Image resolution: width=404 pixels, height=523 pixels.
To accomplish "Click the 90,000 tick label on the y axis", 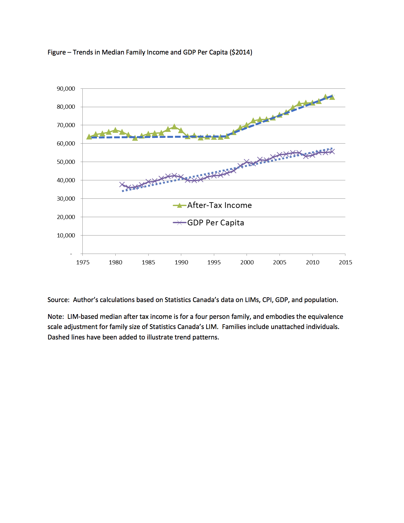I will pos(66,89).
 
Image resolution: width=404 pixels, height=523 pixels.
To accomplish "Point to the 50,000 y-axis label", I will pos(66,162).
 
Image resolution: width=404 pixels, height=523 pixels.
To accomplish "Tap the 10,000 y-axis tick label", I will pos(66,236).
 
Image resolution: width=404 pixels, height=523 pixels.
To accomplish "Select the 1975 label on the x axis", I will pos(83,262).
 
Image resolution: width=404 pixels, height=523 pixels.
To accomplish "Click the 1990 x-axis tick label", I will pos(181,262).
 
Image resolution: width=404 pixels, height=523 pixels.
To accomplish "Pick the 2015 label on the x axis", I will pos(345,262).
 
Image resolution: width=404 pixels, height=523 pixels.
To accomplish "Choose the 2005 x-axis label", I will pos(279,262).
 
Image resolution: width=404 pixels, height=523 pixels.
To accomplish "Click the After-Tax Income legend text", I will pos(219,205).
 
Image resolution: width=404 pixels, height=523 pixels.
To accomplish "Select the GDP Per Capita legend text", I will pos(215,223).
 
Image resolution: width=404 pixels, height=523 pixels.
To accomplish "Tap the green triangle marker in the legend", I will pos(179,205).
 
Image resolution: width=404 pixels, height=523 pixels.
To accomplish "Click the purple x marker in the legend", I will pos(179,223).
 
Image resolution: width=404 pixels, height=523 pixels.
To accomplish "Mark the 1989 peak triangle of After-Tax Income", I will pos(174,127).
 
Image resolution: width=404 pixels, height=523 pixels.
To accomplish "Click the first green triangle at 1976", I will pos(89,137).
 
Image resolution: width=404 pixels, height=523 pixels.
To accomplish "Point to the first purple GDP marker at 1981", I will pos(122,184).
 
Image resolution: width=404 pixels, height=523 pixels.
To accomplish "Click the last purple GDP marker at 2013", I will pos(332,152).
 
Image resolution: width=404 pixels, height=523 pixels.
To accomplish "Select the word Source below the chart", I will pos(58,300).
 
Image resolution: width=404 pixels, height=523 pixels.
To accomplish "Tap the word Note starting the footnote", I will pos(55,317).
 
